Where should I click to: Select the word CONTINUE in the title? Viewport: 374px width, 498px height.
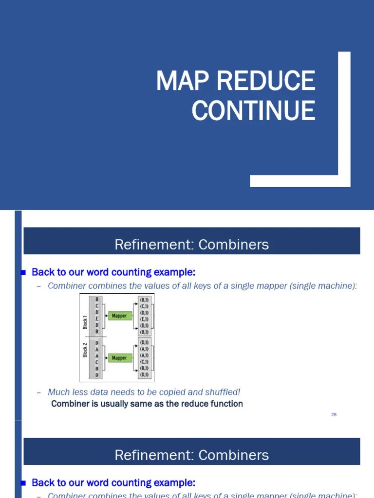point(253,110)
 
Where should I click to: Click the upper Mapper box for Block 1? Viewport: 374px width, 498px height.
point(120,316)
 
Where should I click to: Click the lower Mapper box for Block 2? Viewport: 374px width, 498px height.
point(120,358)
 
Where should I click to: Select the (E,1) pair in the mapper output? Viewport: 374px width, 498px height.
point(144,319)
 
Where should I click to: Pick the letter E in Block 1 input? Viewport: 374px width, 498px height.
point(97,319)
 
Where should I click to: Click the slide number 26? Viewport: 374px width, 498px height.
point(334,414)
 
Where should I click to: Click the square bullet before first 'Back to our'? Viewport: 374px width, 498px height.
point(23,273)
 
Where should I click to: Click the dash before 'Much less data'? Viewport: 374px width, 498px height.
point(39,392)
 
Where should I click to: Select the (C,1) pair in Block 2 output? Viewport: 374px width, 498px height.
point(144,361)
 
